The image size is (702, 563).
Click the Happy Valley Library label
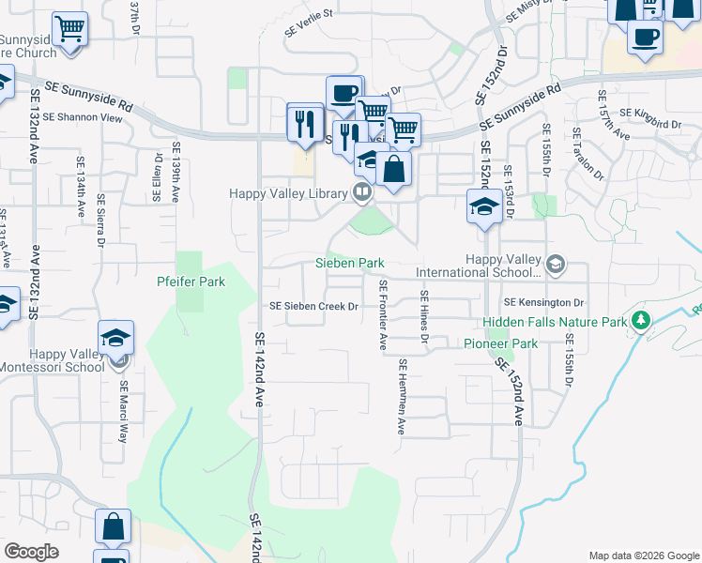[289, 193]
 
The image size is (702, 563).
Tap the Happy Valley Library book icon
[361, 193]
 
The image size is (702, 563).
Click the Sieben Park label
[350, 264]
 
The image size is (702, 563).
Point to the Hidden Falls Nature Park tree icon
[642, 322]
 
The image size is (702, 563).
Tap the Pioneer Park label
[500, 344]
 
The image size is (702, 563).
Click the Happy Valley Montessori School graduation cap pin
[116, 337]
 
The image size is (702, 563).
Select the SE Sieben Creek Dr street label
[314, 306]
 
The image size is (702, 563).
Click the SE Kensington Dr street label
[543, 303]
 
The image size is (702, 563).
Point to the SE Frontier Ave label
[382, 314]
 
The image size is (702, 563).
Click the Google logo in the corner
[31, 552]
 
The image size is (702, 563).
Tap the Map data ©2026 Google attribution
[643, 555]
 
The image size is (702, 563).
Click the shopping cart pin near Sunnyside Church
[69, 29]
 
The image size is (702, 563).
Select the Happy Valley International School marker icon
[555, 264]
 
